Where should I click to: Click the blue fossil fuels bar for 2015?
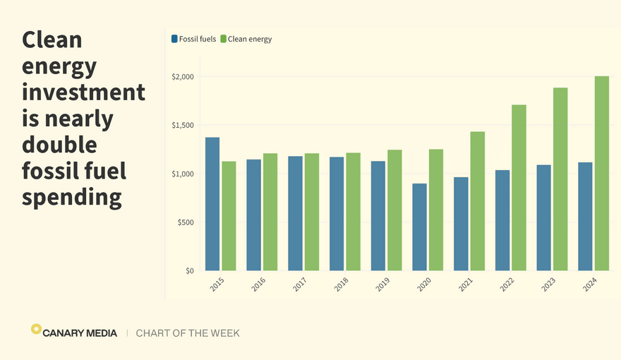tap(212, 204)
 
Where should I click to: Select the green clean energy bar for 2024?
tap(602, 174)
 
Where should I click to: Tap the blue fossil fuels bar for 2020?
tap(420, 227)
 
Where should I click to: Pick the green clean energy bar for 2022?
tap(519, 188)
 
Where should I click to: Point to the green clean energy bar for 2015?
tap(229, 216)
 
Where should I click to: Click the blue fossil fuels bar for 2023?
tap(544, 217)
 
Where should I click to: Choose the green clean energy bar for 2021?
tap(478, 201)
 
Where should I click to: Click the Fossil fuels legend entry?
tap(194, 39)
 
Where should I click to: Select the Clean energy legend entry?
tap(246, 39)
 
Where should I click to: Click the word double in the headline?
tap(59, 144)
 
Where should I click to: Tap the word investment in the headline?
tap(83, 92)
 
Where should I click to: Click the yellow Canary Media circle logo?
tap(36, 329)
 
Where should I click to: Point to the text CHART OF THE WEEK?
tap(188, 333)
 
